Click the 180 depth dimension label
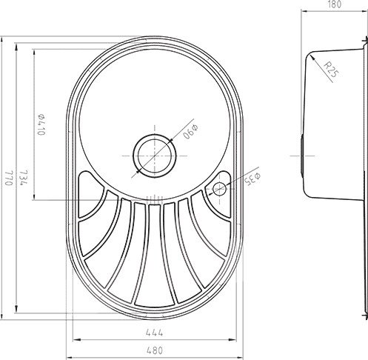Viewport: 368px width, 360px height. click(x=335, y=5)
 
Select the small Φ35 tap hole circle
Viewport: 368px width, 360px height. click(x=221, y=188)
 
